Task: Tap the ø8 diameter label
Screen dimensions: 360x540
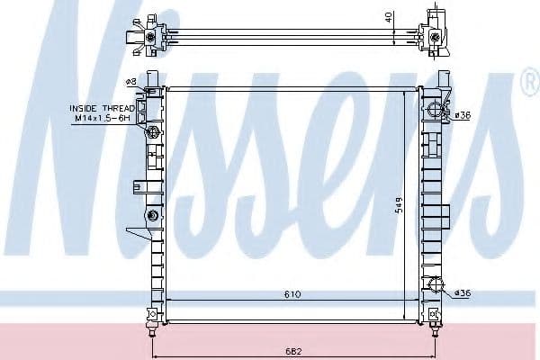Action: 130,82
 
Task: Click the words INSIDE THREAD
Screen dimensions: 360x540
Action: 101,109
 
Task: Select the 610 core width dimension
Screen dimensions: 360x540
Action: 292,294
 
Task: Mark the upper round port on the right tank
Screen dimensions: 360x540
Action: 437,110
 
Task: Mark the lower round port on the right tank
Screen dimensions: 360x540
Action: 437,286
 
